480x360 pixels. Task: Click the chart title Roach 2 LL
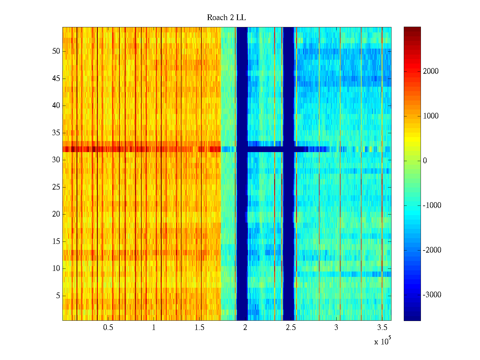pos(226,18)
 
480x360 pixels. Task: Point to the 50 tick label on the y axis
pos(56,51)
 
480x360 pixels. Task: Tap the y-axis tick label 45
pos(56,79)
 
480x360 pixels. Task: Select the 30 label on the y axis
pos(56,160)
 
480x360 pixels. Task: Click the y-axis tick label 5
pos(58,296)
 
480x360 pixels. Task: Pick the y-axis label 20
pos(56,214)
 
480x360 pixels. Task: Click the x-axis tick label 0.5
pos(108,328)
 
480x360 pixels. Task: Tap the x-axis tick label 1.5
pos(199,328)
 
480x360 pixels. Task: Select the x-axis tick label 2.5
pos(291,328)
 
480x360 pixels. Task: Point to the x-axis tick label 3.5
pos(382,328)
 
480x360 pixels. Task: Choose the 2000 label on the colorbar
pos(430,71)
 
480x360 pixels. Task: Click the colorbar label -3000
pos(432,295)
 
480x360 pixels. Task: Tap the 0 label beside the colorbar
pos(425,161)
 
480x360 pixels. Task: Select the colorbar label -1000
pos(432,205)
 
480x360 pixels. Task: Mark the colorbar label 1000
pos(430,116)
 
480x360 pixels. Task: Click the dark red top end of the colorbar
pos(412,29)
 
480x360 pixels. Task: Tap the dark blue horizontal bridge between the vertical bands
pos(265,149)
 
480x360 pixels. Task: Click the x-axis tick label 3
pos(336,328)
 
